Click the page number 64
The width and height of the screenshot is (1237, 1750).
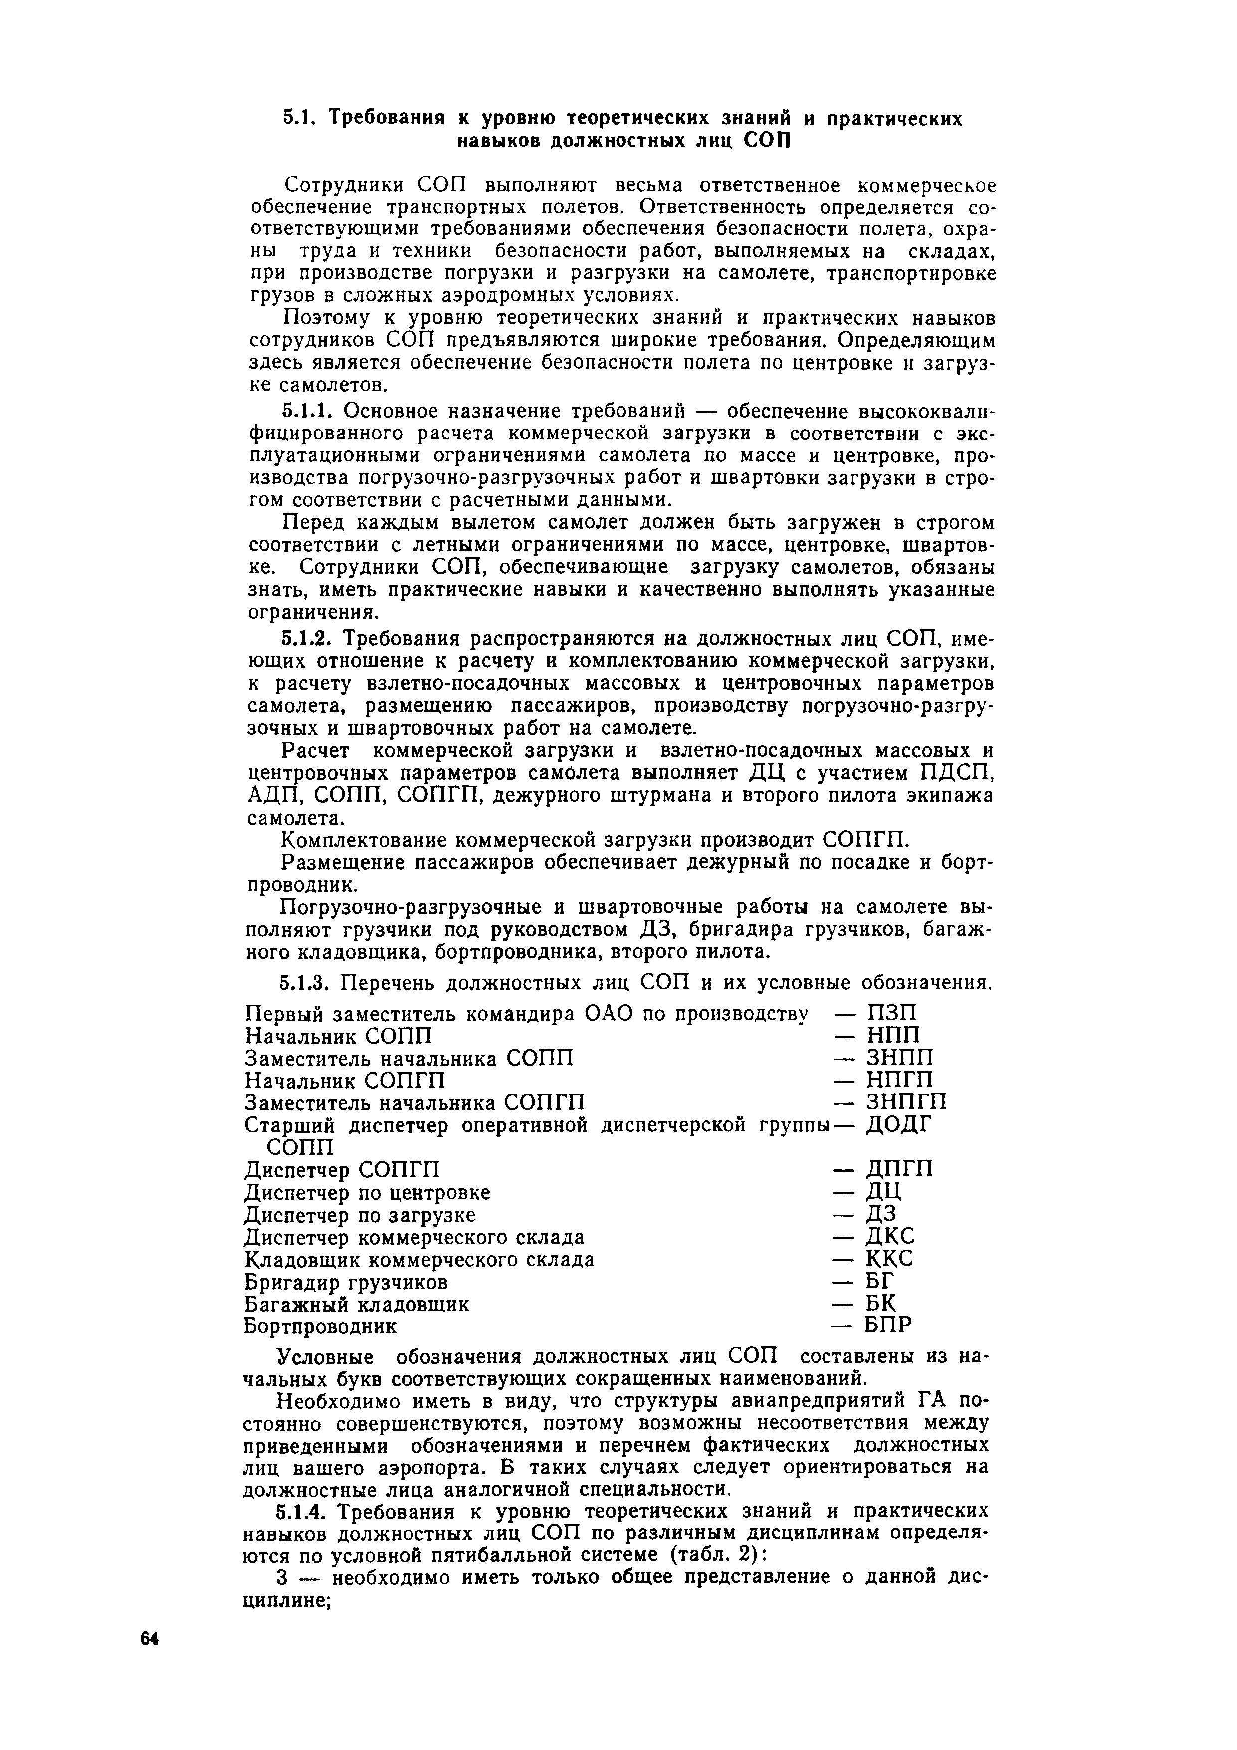pyautogui.click(x=149, y=1640)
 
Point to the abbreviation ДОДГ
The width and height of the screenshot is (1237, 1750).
pyautogui.click(x=899, y=1125)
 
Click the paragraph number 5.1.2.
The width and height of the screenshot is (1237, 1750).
pyautogui.click(x=309, y=637)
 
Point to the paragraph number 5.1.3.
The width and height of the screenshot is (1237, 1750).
pyautogui.click(x=309, y=983)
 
